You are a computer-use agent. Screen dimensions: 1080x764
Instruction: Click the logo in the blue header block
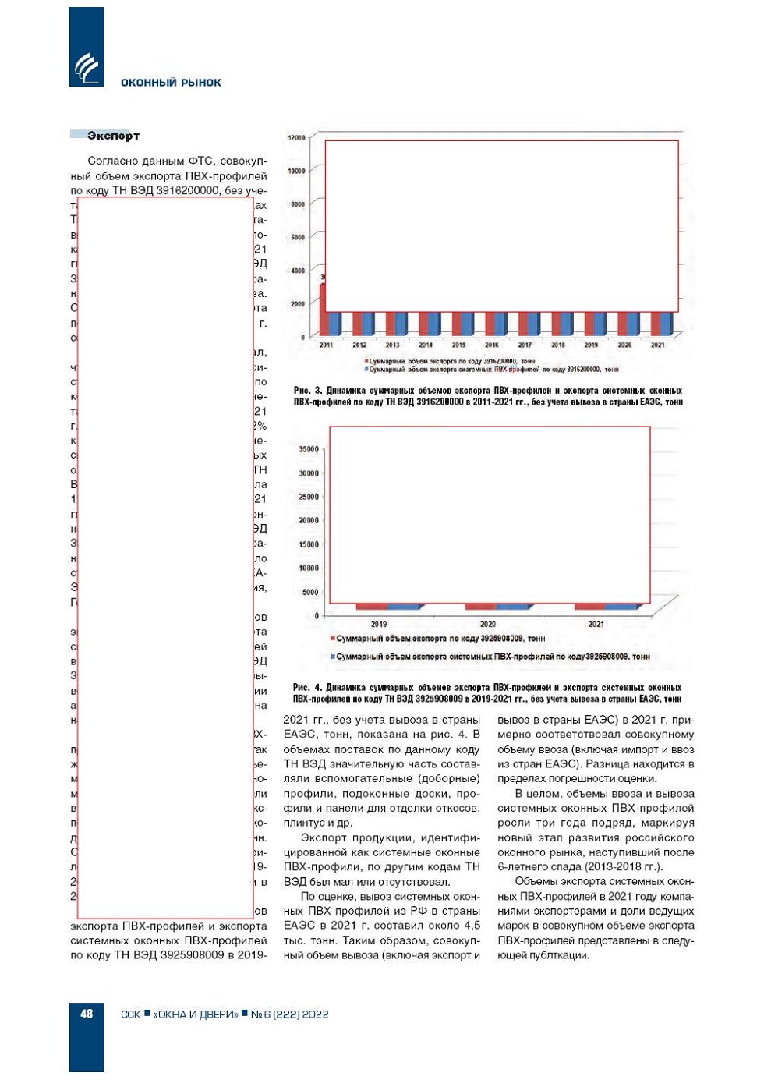click(x=87, y=68)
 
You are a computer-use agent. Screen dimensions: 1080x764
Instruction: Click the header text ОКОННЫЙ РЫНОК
click(x=171, y=83)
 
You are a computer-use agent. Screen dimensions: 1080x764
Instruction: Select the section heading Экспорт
click(x=113, y=136)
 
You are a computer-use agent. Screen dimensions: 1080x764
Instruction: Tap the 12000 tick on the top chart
click(x=297, y=138)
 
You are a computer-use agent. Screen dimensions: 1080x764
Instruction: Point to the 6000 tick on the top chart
click(x=298, y=237)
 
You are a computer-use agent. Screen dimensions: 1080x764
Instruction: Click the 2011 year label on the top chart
click(x=326, y=345)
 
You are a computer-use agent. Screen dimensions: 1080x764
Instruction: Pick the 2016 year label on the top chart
click(x=492, y=345)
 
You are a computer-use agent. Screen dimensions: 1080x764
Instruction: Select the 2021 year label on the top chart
click(x=658, y=345)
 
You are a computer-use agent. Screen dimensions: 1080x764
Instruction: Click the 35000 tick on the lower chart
click(x=309, y=449)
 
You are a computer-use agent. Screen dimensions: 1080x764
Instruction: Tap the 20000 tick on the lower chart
click(x=309, y=520)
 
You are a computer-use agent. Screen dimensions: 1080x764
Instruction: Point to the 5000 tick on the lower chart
click(x=310, y=592)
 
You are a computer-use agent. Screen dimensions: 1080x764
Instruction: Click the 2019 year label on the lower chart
click(x=379, y=624)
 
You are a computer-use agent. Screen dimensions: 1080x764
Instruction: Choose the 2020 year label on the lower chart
click(x=488, y=624)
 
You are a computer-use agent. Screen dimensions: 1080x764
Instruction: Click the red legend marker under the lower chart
click(x=333, y=639)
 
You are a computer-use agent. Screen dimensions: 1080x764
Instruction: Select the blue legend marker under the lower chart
click(x=333, y=657)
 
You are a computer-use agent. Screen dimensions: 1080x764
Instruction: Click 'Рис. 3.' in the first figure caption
click(x=307, y=391)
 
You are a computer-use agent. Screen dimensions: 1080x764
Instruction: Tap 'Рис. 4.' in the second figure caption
click(x=306, y=688)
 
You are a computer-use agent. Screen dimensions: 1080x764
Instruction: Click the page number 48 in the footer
click(x=87, y=1014)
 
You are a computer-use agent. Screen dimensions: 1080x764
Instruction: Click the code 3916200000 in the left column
click(x=187, y=191)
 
